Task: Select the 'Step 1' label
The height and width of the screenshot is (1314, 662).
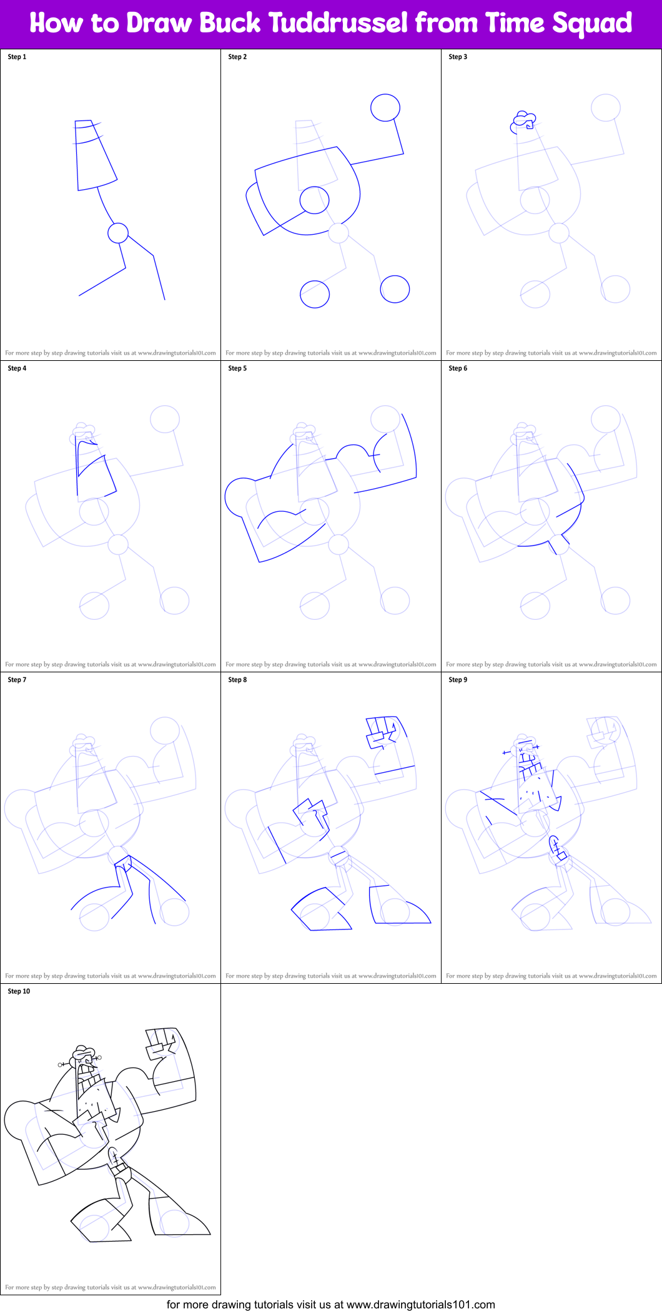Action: point(17,57)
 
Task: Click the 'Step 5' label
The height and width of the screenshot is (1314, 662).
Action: point(237,368)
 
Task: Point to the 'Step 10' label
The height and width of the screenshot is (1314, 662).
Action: point(19,991)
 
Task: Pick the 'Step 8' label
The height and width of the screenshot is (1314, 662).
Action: point(237,680)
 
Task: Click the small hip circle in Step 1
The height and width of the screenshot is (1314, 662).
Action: point(118,233)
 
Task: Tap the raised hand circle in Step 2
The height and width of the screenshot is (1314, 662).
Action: point(385,107)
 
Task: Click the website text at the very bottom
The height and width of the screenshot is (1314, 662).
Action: point(331,1305)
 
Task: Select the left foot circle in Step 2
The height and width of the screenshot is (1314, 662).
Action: point(315,294)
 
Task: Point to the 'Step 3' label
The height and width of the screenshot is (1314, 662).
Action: point(458,57)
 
